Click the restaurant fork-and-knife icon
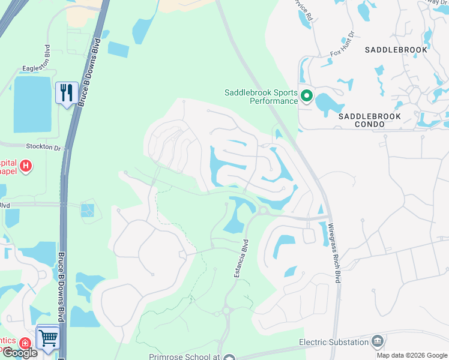click(x=67, y=93)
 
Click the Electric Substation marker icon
click(x=377, y=342)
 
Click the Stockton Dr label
click(x=44, y=146)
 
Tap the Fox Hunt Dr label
click(x=343, y=53)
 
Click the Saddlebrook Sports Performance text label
click(x=261, y=97)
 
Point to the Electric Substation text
click(x=334, y=343)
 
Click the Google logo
click(x=19, y=353)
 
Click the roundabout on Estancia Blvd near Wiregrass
click(x=262, y=210)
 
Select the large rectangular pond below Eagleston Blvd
click(x=32, y=104)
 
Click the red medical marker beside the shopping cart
click(x=25, y=344)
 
